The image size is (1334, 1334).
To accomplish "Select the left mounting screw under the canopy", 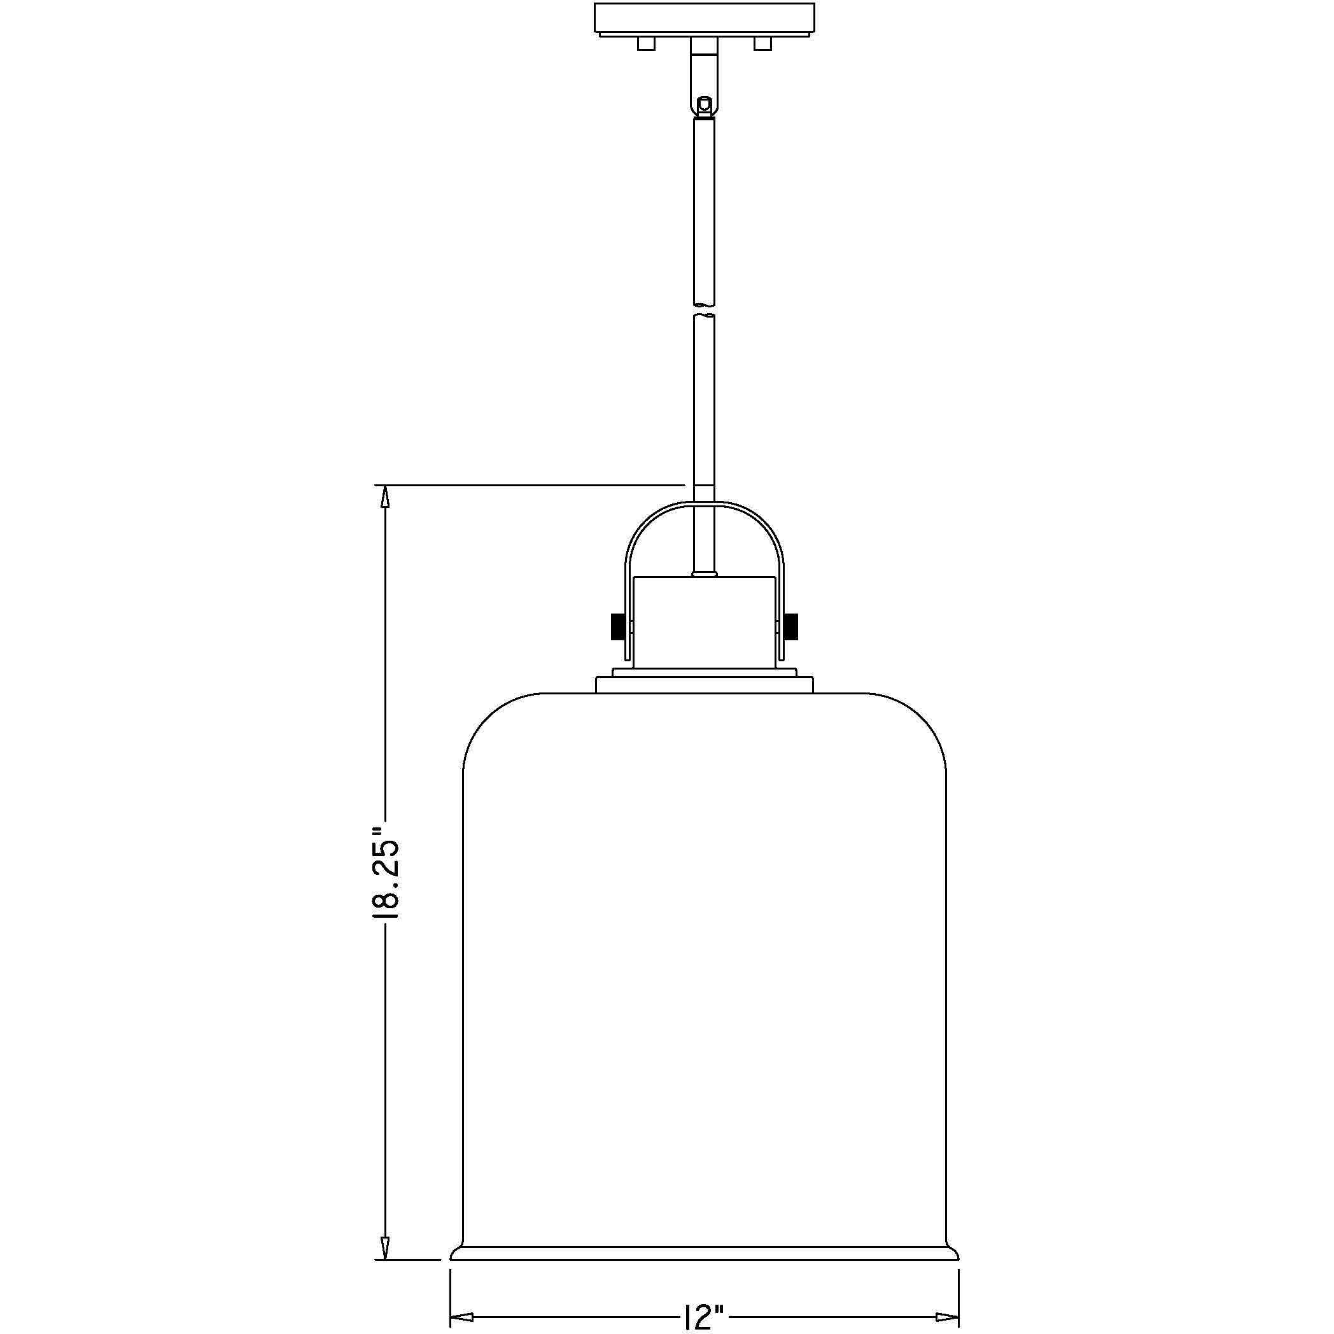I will (x=645, y=43).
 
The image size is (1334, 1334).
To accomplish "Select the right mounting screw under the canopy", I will (x=763, y=43).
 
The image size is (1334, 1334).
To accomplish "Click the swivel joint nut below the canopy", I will (x=705, y=106).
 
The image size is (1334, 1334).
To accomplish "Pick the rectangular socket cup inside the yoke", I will (x=705, y=621).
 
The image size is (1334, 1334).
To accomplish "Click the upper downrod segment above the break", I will (x=705, y=207).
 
